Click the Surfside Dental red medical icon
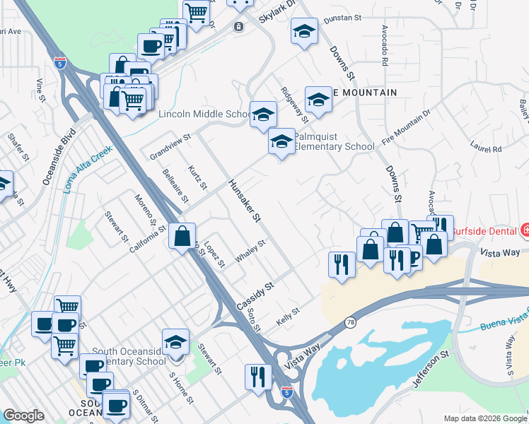(x=524, y=230)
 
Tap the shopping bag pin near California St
(x=182, y=235)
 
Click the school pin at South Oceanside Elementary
(x=175, y=343)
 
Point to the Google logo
(x=23, y=416)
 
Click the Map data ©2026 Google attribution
(x=485, y=418)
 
